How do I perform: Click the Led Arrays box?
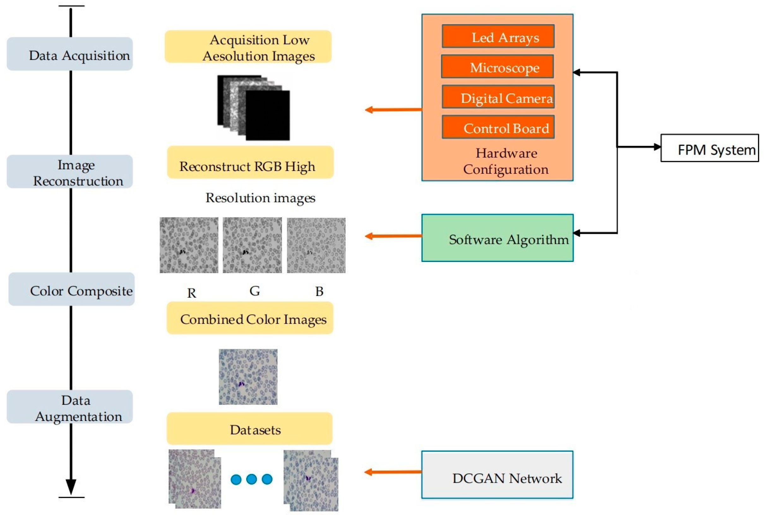tap(498, 37)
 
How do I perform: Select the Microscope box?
tap(497, 67)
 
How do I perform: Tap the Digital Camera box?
tap(498, 97)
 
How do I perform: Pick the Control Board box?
tap(498, 127)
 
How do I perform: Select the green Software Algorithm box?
tap(497, 238)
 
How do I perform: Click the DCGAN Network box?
tap(497, 475)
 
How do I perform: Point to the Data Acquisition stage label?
tap(70, 54)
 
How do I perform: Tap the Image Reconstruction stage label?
tap(70, 172)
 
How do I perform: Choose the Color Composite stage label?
tap(72, 289)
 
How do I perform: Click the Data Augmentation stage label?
tap(70, 407)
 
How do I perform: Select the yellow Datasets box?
tap(249, 429)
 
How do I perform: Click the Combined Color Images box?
tap(250, 318)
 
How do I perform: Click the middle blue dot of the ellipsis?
tap(251, 479)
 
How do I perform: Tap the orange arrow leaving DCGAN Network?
tap(393, 472)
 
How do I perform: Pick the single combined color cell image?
tap(248, 377)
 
